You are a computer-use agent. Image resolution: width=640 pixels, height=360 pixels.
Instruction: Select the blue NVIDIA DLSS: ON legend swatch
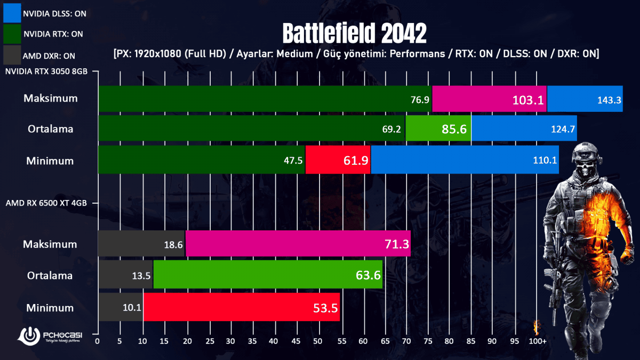(x=11, y=13)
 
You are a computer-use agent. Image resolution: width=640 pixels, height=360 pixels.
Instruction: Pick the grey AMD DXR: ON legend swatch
(x=11, y=55)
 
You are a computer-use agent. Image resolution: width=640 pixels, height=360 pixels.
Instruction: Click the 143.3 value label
(x=609, y=100)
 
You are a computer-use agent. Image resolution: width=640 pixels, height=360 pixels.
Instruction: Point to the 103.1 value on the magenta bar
(x=528, y=100)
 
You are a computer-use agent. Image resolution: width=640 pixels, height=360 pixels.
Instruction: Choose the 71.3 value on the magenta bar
(x=397, y=244)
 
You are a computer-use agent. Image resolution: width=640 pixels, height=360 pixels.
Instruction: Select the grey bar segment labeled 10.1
(x=121, y=308)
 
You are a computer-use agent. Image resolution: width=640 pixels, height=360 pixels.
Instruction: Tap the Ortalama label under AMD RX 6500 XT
(x=51, y=276)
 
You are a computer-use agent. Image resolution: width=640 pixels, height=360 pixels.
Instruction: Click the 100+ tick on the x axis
(x=538, y=340)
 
